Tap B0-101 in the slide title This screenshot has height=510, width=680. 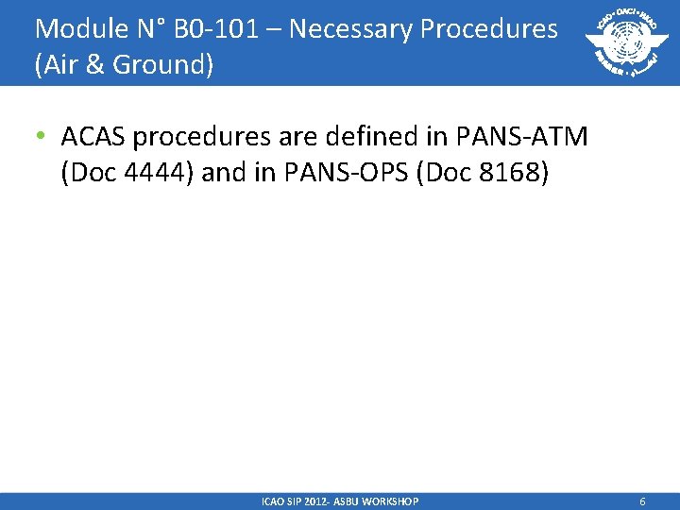[222, 29]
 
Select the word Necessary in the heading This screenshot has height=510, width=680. [350, 29]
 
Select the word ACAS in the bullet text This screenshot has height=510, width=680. [93, 138]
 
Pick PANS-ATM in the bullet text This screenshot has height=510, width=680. [522, 138]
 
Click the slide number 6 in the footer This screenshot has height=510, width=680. [642, 501]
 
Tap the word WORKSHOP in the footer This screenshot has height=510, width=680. [389, 501]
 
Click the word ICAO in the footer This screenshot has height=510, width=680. [273, 501]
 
